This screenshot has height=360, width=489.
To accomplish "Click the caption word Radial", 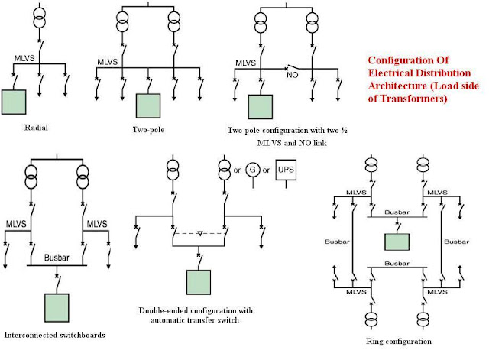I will [37, 128].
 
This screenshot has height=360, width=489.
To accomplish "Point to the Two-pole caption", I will [149, 130].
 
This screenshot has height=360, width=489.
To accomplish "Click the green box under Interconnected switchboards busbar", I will [57, 307].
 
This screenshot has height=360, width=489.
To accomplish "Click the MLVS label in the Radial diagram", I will [24, 57].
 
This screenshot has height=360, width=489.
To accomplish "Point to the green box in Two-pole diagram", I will [149, 105].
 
